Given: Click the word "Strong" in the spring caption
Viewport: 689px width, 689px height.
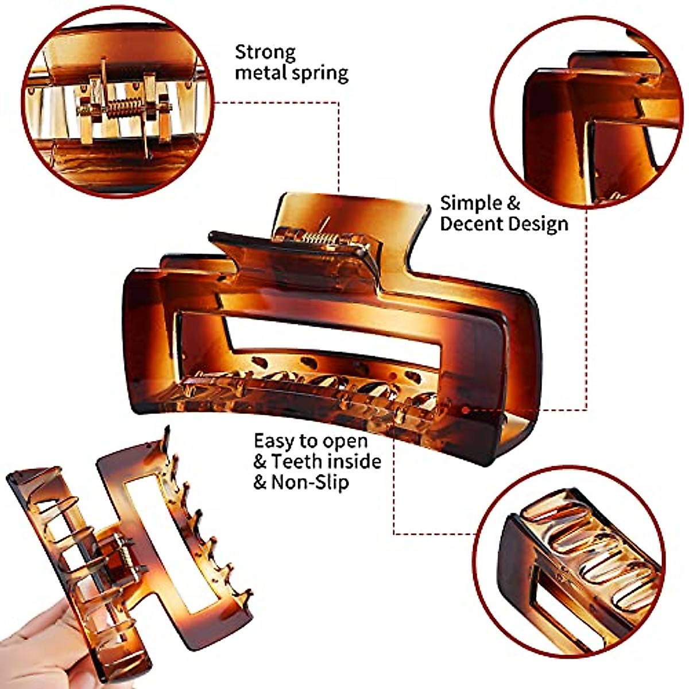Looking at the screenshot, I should [265, 53].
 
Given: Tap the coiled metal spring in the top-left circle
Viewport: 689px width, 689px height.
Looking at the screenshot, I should [122, 107].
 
